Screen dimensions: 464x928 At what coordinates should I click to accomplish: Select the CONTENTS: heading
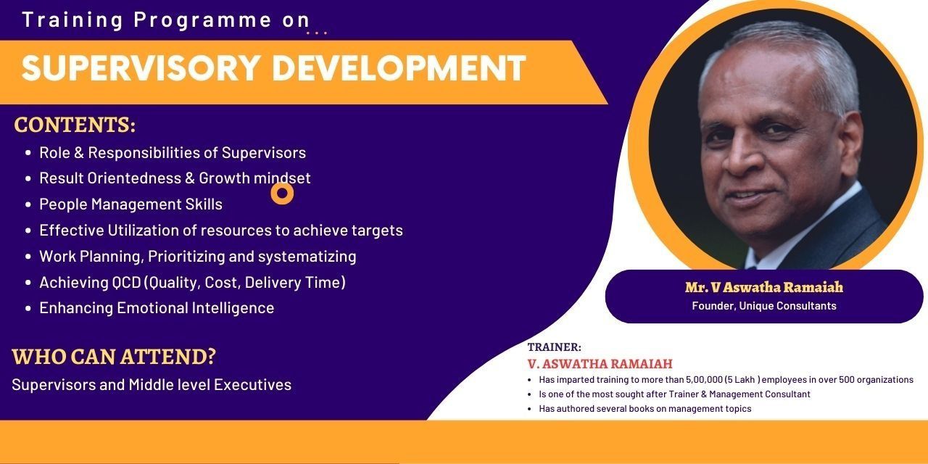click(x=75, y=125)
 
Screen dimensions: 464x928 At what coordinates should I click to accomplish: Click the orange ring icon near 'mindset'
click(x=282, y=193)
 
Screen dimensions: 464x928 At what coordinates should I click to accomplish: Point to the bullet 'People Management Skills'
click(x=130, y=204)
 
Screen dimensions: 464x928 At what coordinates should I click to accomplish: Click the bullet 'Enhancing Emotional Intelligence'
click(x=157, y=308)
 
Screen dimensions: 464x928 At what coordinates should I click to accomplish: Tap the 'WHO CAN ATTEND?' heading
click(x=114, y=357)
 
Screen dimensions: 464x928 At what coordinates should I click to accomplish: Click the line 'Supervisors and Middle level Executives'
click(x=152, y=385)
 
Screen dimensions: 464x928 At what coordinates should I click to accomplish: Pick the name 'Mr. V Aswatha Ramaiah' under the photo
click(x=763, y=288)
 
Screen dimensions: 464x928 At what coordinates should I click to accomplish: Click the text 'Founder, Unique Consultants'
click(x=763, y=306)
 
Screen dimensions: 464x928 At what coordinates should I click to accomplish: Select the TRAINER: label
click(x=554, y=347)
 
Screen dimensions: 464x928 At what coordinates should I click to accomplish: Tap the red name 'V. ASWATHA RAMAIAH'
click(x=600, y=364)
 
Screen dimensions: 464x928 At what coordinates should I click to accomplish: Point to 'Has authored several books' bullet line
click(x=645, y=409)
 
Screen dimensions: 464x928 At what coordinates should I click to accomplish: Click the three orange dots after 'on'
click(x=317, y=33)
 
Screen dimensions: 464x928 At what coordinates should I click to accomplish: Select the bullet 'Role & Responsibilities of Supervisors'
click(x=173, y=153)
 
